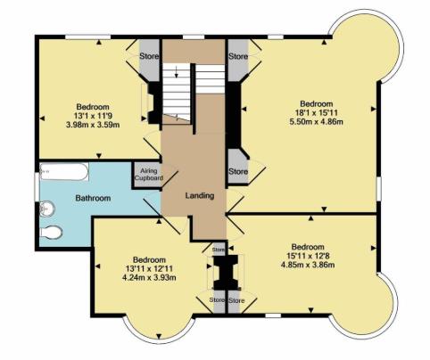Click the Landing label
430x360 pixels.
199,196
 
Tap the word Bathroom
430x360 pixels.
93,198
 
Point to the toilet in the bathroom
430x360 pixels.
52,233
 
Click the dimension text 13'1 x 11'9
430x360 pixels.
93,113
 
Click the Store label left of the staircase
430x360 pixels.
149,56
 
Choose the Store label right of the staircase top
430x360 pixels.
237,56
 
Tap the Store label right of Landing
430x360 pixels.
237,171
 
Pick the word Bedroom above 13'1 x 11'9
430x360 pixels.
93,102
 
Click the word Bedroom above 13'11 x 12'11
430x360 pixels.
150,254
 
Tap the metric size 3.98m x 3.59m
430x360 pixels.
93,124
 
